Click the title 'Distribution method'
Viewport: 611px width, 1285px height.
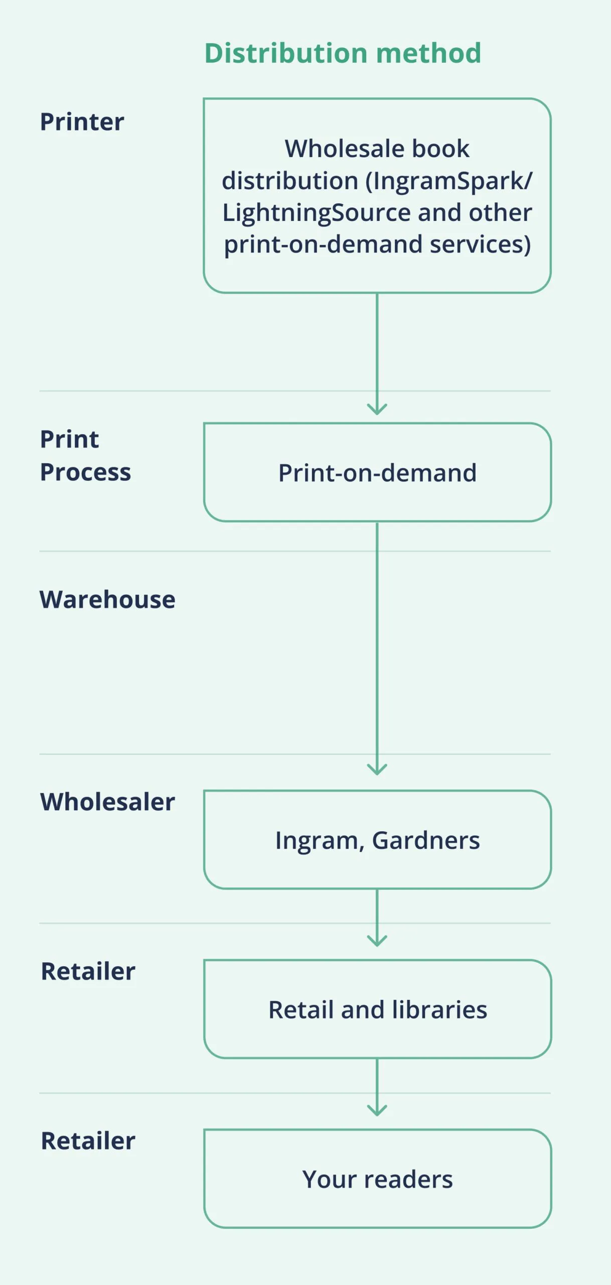coord(343,53)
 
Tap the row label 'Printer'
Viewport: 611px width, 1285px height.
coord(82,122)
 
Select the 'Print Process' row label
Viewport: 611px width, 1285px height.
coord(85,455)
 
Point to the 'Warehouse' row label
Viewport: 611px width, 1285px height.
coord(107,599)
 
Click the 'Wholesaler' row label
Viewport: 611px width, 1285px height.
coord(107,802)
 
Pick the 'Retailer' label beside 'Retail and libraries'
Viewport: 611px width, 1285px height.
coord(88,971)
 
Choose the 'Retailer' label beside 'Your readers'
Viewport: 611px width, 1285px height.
coord(88,1141)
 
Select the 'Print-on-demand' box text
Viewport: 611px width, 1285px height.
coord(377,473)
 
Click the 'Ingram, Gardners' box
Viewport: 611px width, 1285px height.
coord(377,840)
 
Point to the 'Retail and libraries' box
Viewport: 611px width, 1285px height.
coord(377,1010)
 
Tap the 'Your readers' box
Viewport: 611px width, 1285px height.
coord(377,1179)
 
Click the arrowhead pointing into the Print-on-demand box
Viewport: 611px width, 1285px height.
coord(377,410)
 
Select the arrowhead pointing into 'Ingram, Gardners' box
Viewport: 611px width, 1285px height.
coord(377,770)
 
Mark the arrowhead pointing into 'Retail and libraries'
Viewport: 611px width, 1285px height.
coord(377,941)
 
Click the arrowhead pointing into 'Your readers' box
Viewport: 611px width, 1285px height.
coord(377,1111)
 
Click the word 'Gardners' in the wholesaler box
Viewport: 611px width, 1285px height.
coord(425,840)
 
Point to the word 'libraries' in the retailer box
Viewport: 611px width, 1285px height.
coord(439,1010)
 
